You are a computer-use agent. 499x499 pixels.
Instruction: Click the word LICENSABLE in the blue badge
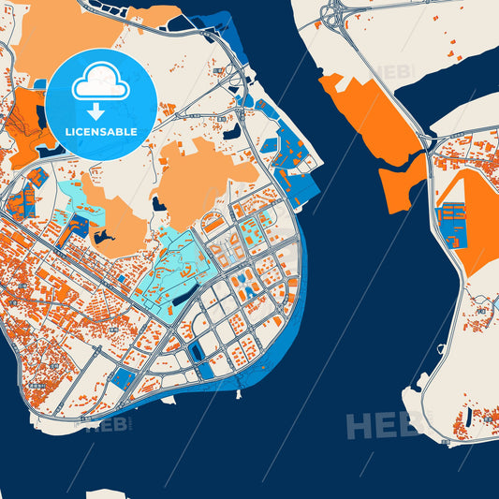101,132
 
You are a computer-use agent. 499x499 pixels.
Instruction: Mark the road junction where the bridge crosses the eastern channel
427,140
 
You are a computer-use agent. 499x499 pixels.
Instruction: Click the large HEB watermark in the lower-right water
384,426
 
